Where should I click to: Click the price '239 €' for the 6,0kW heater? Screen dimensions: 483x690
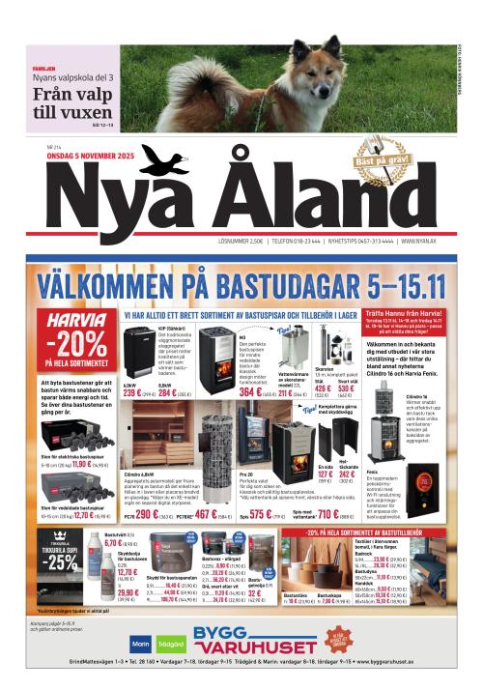point(133,393)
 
